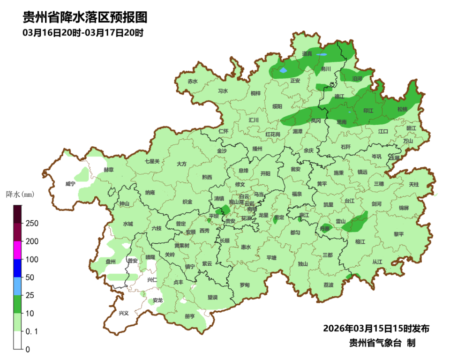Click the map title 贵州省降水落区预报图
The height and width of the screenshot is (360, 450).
85,18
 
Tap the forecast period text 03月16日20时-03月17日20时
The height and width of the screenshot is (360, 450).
82,33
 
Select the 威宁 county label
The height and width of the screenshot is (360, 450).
70,184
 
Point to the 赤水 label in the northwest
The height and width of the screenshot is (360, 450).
193,81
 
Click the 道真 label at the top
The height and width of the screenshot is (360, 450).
307,54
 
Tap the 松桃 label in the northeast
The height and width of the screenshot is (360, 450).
402,109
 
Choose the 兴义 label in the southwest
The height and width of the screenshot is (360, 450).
124,313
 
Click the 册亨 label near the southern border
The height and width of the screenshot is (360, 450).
190,316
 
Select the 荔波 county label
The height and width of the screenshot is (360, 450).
329,285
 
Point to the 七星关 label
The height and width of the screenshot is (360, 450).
152,161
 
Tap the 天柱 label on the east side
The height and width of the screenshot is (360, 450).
414,185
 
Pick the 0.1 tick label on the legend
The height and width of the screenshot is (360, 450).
32,331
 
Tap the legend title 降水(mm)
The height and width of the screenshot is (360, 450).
20,194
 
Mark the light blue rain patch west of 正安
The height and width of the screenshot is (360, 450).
283,71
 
